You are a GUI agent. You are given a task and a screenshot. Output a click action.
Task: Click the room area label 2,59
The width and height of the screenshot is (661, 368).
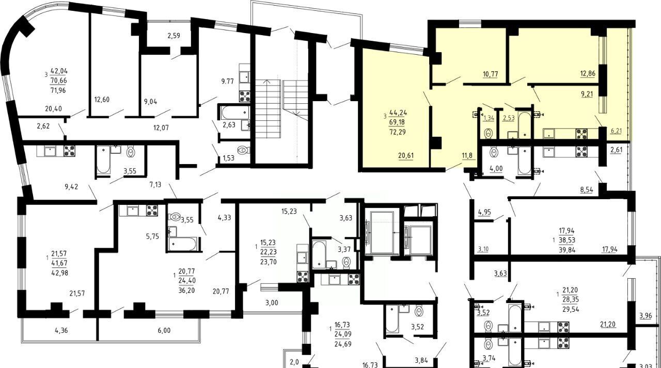[174, 36]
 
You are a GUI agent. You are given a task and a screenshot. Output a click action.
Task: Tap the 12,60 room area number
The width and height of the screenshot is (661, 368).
[102, 100]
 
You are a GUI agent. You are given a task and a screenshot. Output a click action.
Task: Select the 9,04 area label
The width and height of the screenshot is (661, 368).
[150, 102]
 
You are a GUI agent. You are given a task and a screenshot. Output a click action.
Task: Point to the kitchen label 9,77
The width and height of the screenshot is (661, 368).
[228, 82]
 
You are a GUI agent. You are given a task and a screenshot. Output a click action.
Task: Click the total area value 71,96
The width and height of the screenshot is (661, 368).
[58, 90]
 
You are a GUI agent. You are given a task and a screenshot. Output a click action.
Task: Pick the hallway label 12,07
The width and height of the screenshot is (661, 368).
[161, 127]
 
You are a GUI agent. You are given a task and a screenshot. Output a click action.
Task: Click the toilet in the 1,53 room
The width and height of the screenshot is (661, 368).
[244, 150]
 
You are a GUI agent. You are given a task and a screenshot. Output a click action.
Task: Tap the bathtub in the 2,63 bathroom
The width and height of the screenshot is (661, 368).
[235, 113]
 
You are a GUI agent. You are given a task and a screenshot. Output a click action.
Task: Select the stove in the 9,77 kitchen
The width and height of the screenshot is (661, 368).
[245, 96]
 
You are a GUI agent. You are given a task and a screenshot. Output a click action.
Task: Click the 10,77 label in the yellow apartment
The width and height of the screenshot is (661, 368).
[491, 74]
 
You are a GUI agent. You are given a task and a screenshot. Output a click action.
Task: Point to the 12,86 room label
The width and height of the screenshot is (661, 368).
[588, 73]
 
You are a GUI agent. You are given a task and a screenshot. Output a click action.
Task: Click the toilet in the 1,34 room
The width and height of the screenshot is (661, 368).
[489, 133]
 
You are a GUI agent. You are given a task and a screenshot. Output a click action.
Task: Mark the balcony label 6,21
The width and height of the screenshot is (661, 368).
[616, 131]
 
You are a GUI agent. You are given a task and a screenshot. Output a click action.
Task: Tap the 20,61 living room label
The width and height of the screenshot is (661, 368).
[406, 155]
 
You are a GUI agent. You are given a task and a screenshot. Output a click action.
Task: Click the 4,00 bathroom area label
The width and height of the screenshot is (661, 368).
[496, 168]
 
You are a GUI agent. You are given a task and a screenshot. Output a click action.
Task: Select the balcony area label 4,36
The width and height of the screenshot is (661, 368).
[61, 330]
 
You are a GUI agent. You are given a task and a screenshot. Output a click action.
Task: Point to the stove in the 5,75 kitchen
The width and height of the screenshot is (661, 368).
[152, 211]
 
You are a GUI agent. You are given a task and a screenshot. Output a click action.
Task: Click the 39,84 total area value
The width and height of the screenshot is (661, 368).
[567, 250]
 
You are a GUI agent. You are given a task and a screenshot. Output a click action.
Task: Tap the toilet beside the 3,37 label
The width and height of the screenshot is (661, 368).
[347, 262]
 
